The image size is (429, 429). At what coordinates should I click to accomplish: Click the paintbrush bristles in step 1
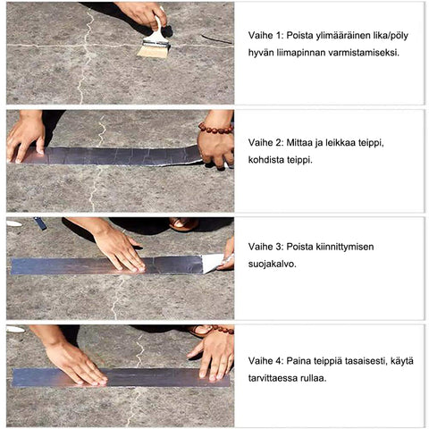149,52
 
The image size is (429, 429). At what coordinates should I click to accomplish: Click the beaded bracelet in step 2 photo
216,129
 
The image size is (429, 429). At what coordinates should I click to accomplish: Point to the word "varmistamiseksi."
364,53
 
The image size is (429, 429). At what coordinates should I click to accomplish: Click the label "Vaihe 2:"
265,143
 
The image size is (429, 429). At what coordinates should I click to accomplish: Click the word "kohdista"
266,160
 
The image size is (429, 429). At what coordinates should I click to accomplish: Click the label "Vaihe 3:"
265,247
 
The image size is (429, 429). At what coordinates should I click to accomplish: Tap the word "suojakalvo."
273,265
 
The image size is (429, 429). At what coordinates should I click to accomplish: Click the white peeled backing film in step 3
213,264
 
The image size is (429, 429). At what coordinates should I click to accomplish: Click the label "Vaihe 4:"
265,361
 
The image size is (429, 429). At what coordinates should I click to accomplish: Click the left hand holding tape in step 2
26,139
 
